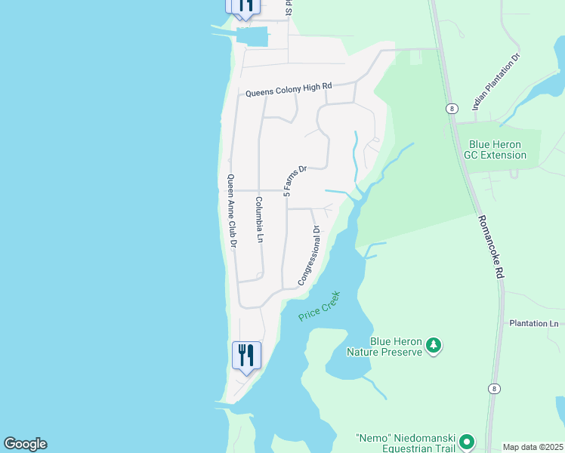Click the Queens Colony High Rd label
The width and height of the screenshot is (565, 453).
(x=289, y=88)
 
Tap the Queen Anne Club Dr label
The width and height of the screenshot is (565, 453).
(x=233, y=211)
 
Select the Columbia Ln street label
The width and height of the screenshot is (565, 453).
(x=258, y=219)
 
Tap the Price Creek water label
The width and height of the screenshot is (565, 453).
(x=320, y=306)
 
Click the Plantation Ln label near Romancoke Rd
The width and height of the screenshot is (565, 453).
(x=533, y=323)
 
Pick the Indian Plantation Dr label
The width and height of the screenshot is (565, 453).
(x=496, y=82)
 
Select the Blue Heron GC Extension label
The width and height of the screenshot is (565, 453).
(x=497, y=150)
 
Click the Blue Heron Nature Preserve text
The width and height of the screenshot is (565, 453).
(x=384, y=347)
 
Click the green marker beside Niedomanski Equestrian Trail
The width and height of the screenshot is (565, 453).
(x=468, y=442)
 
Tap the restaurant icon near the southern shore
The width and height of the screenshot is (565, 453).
(x=246, y=354)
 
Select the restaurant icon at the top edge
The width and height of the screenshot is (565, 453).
(x=243, y=6)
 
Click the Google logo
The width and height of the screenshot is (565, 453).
(x=25, y=444)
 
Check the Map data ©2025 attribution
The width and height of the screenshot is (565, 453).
(x=533, y=447)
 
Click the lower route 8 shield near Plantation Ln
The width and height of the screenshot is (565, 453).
(x=493, y=389)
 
